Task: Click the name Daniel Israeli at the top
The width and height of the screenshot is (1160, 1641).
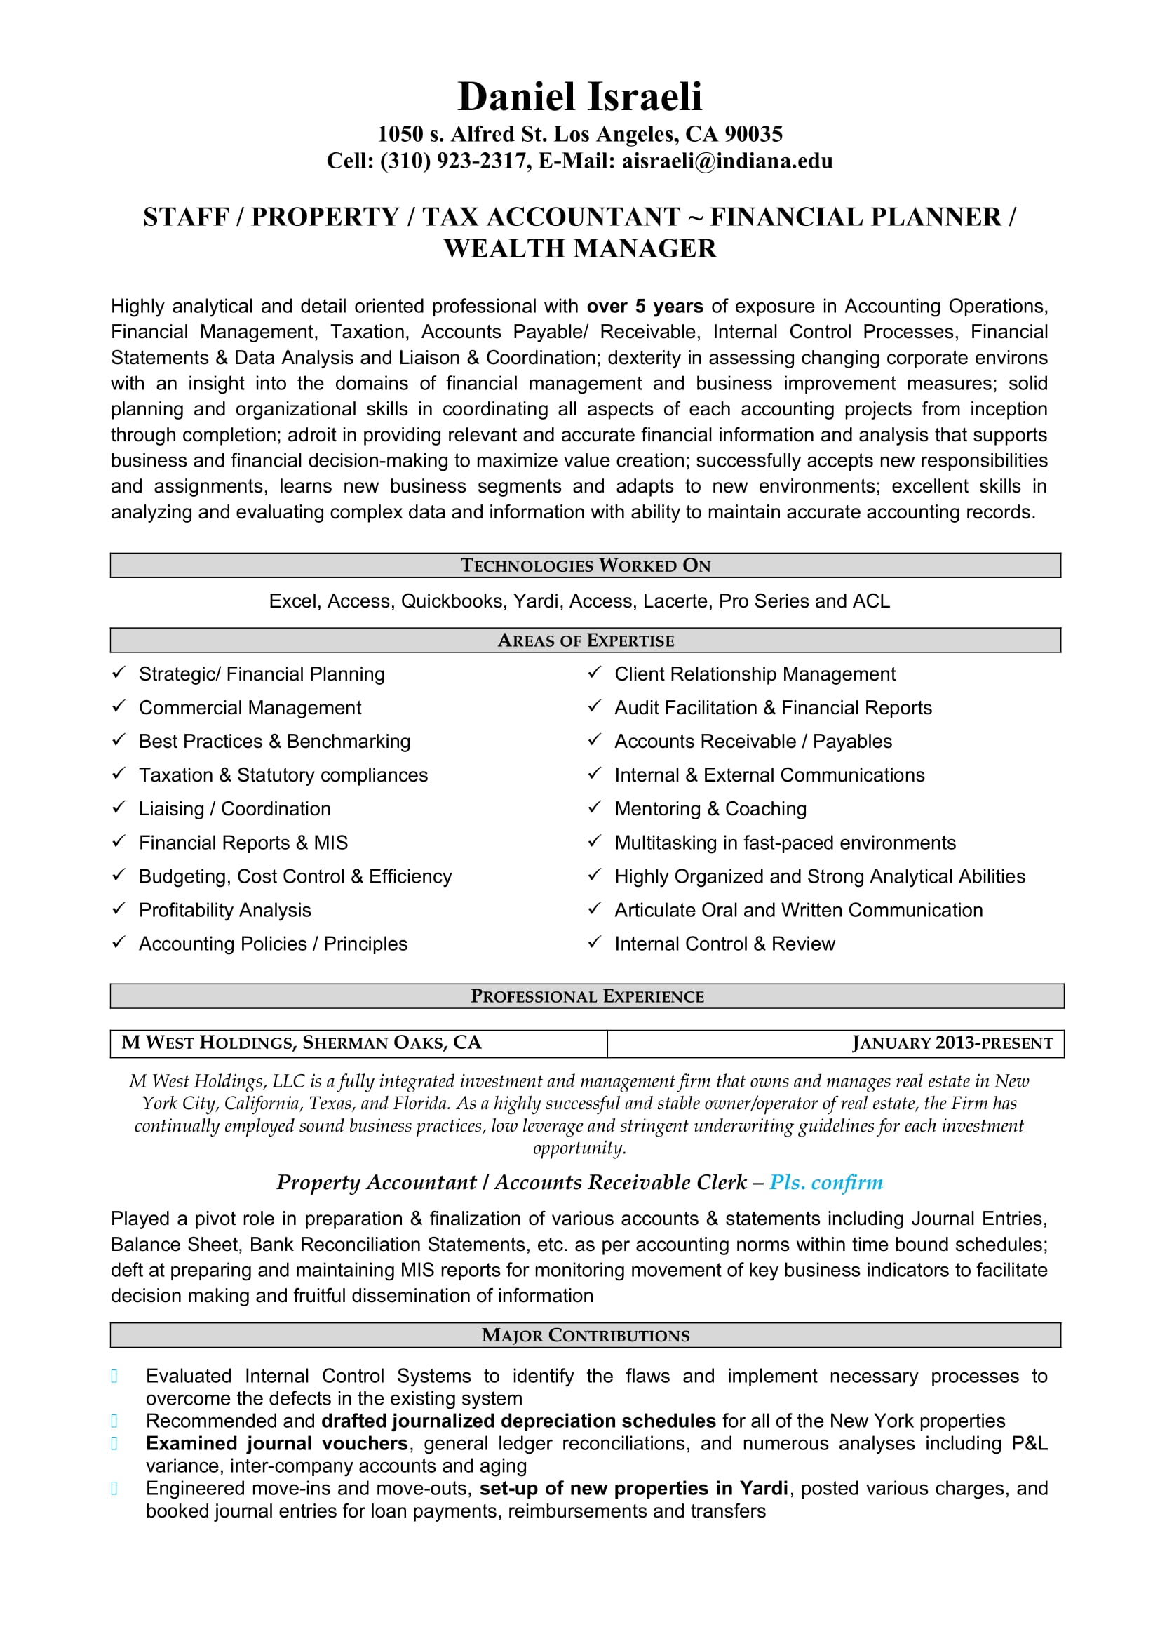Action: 579,98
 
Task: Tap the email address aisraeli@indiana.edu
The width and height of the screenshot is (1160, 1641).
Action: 727,161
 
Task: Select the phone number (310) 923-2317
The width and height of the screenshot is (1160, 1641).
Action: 454,161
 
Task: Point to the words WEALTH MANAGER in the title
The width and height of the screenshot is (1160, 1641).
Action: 579,249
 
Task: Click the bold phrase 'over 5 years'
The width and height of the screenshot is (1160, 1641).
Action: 645,307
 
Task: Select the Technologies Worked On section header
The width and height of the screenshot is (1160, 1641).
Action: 585,565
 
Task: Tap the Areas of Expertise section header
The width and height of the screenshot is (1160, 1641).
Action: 585,641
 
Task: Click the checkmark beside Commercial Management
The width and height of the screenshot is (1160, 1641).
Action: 119,706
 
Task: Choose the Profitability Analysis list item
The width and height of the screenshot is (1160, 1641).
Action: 224,910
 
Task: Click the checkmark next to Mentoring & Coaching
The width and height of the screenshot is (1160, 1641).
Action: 594,807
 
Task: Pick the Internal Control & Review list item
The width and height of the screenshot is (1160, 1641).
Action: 724,944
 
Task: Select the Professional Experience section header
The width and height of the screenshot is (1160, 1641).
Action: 586,996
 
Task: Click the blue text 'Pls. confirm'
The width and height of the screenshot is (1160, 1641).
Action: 825,1183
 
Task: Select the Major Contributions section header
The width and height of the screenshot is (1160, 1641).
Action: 585,1335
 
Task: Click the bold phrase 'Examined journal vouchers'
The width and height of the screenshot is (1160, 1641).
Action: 276,1444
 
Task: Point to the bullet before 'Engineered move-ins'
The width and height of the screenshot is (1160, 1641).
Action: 114,1489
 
